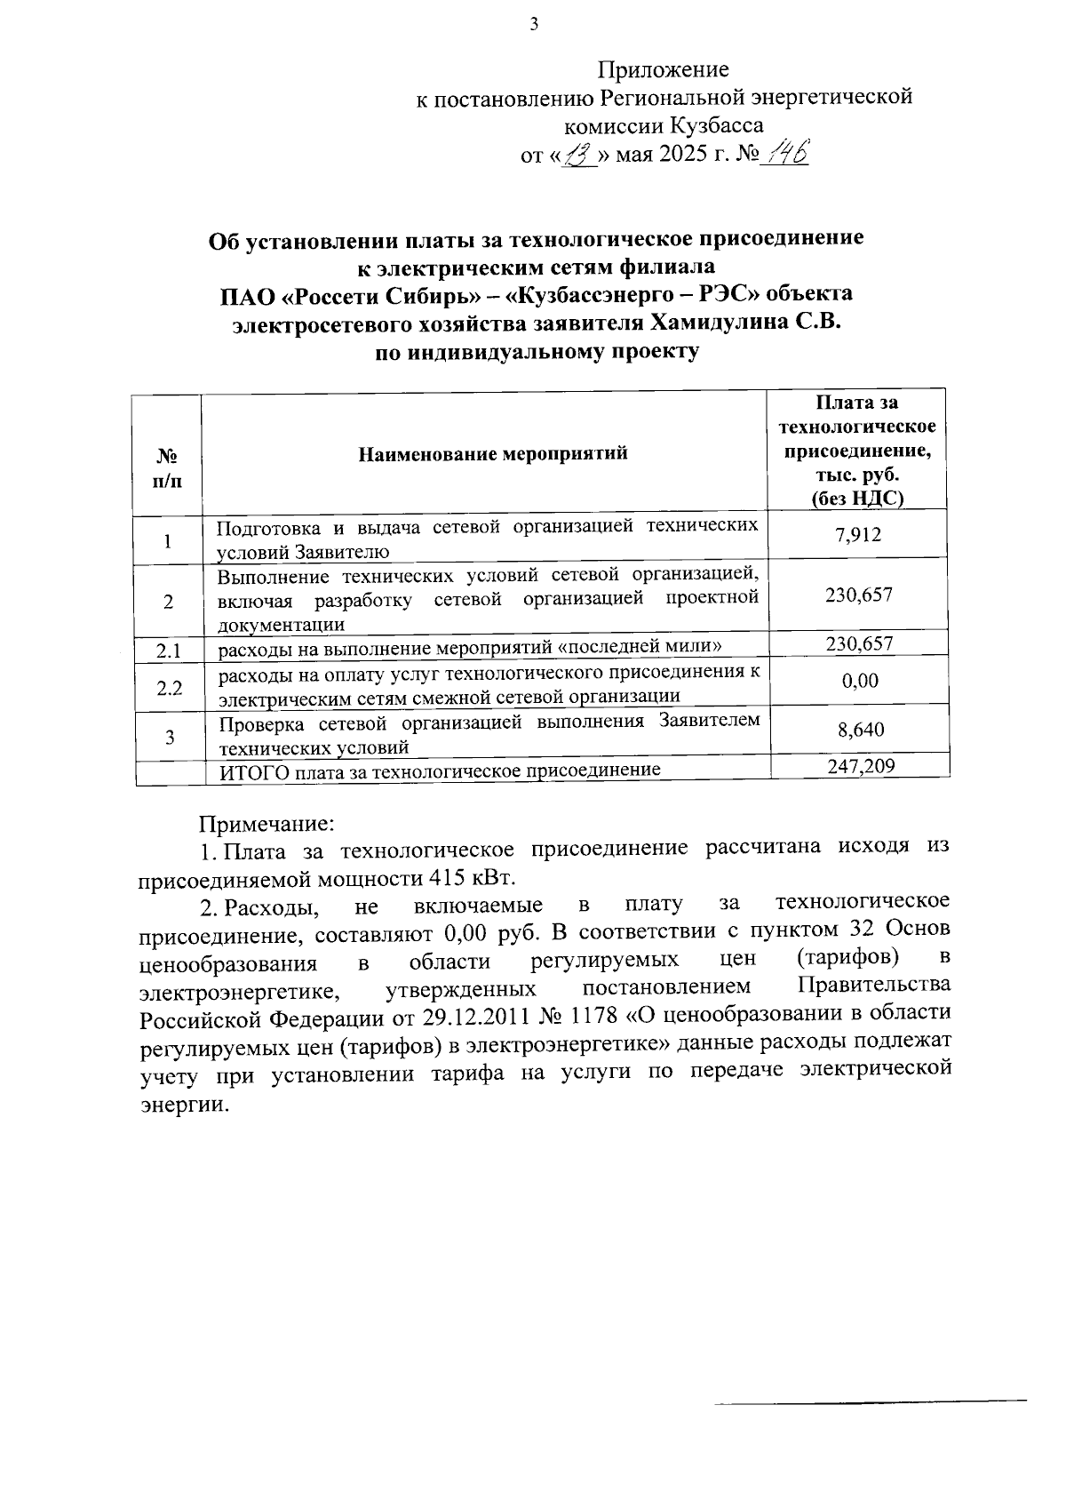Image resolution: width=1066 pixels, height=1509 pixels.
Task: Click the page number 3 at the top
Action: pyautogui.click(x=534, y=25)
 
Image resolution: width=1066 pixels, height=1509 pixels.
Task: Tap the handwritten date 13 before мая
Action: pyautogui.click(x=578, y=156)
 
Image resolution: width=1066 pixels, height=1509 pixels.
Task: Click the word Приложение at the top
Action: pyautogui.click(x=663, y=69)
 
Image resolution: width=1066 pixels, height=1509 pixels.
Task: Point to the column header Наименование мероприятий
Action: pyautogui.click(x=492, y=454)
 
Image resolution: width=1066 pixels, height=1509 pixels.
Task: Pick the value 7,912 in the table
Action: pyautogui.click(x=858, y=535)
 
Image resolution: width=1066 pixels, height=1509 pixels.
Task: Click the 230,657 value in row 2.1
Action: pyautogui.click(x=858, y=643)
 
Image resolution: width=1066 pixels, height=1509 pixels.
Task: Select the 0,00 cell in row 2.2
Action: pyautogui.click(x=859, y=681)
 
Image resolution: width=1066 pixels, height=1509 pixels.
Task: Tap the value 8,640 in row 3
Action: pyautogui.click(x=860, y=730)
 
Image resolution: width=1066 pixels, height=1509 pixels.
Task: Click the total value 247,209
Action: pyautogui.click(x=860, y=765)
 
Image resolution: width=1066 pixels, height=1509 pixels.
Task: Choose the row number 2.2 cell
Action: pyautogui.click(x=168, y=687)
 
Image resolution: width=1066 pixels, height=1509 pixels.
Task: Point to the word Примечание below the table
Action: pyautogui.click(x=266, y=823)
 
